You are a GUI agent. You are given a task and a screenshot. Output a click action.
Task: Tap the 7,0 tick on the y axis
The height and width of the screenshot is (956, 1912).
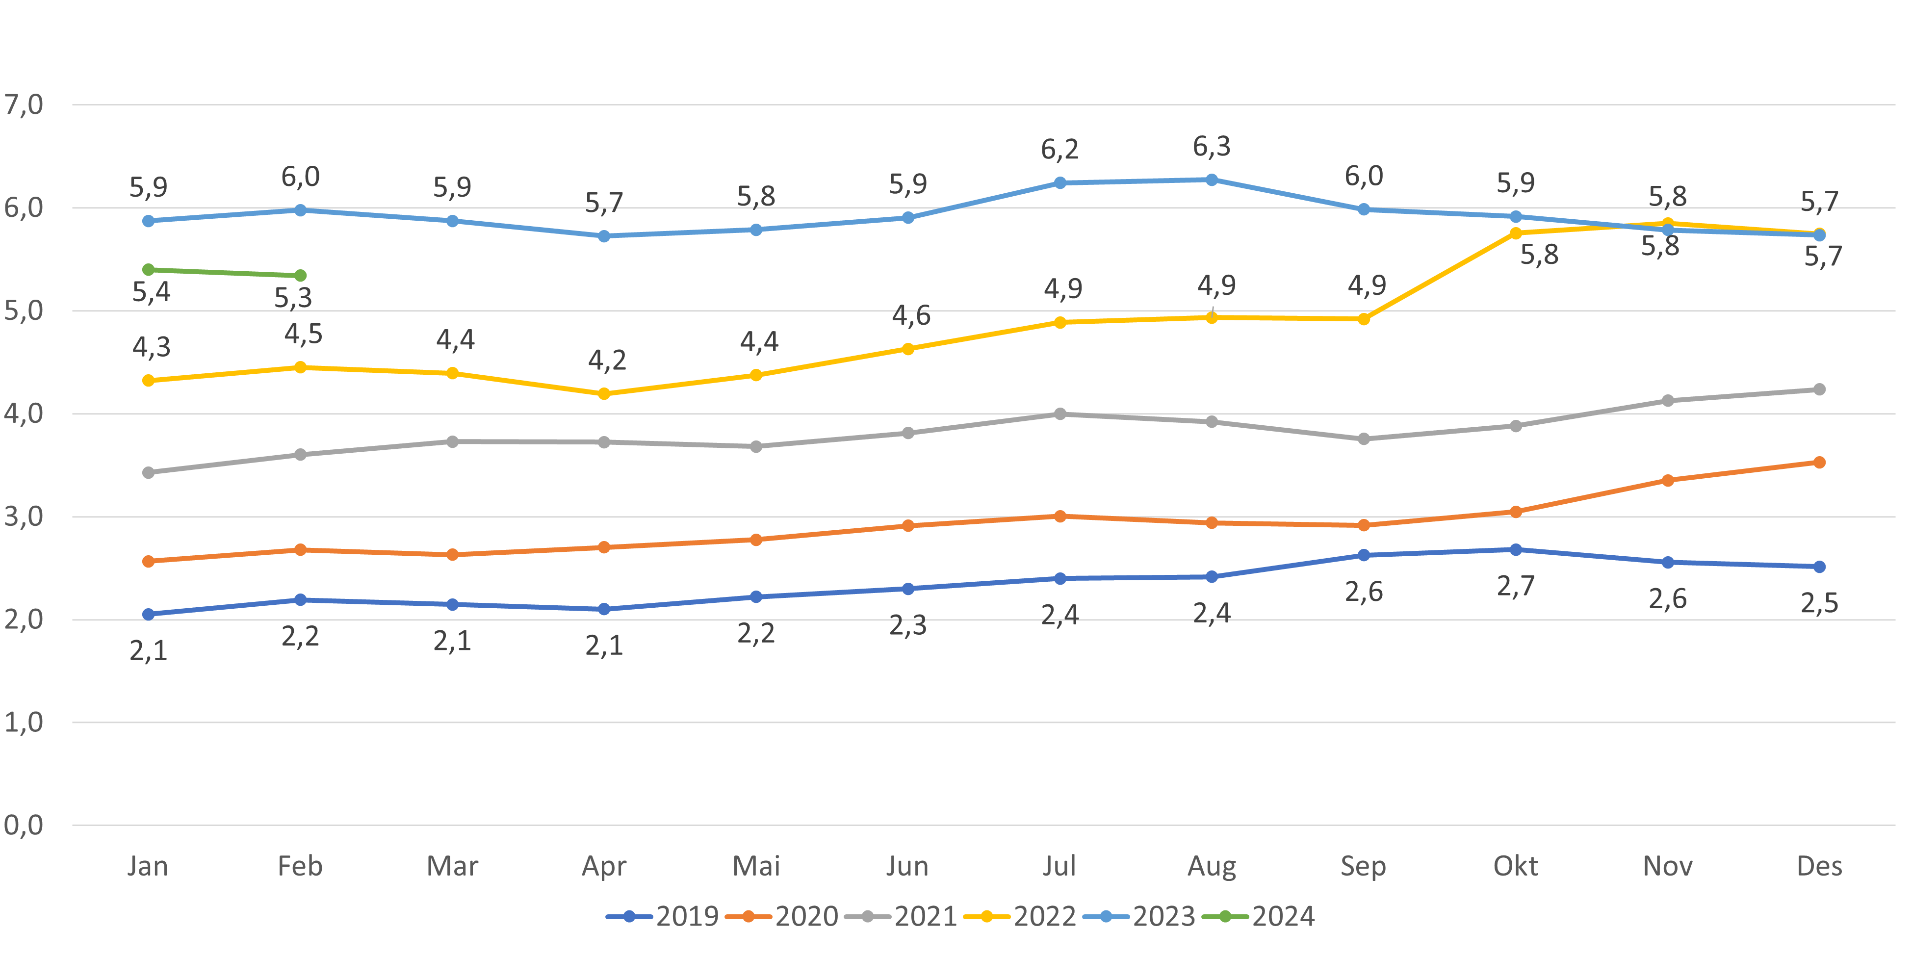(x=24, y=104)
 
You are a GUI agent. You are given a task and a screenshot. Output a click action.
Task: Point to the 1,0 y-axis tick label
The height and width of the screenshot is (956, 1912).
(x=24, y=722)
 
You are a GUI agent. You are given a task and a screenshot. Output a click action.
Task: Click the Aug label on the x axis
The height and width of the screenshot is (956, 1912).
(x=1212, y=866)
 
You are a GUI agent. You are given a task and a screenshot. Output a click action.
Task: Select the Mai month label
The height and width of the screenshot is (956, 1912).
(x=755, y=866)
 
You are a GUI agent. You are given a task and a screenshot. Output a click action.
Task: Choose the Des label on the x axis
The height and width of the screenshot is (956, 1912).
(x=1819, y=866)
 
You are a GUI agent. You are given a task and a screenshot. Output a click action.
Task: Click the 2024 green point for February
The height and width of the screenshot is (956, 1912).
(x=300, y=275)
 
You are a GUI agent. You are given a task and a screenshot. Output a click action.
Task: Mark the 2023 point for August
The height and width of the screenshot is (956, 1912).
(x=1212, y=180)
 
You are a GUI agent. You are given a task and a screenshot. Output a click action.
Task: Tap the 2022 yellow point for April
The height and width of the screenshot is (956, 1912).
(x=604, y=393)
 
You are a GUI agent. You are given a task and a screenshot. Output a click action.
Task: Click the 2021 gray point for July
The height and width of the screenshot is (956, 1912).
(x=1060, y=414)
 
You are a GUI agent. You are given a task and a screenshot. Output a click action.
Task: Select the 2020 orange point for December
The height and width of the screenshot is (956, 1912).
(x=1819, y=463)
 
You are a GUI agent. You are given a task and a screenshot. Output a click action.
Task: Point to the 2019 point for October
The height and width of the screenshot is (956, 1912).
(x=1516, y=550)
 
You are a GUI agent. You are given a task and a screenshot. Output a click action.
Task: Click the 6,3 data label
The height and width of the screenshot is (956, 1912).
(x=1212, y=147)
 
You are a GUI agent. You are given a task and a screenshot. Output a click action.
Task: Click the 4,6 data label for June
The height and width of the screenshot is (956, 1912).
(x=911, y=316)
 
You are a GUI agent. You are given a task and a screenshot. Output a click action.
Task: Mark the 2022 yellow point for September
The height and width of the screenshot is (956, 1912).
(x=1364, y=318)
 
